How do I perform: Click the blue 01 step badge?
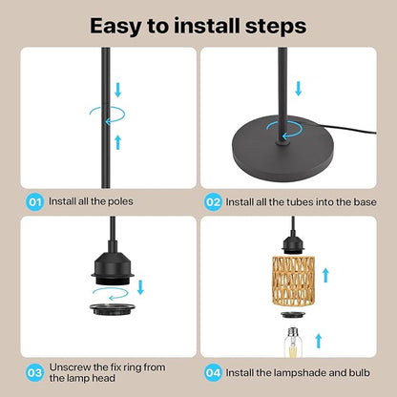tap(34, 201)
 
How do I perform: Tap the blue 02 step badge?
tap(213, 202)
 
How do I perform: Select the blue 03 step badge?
tap(34, 372)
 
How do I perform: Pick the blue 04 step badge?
tap(213, 372)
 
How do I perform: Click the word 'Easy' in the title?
tap(115, 27)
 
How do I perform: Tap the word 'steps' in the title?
tap(276, 27)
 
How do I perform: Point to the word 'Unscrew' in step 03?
tap(70, 367)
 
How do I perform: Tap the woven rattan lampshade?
tap(293, 282)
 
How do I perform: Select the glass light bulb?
tap(293, 342)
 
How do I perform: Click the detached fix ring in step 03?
tap(113, 309)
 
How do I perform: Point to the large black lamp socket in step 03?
tap(113, 264)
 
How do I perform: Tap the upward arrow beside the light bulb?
tap(319, 342)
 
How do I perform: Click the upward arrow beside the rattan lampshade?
tap(325, 275)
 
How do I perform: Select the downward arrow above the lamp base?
tap(298, 89)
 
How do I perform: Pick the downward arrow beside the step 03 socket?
tap(140, 287)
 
